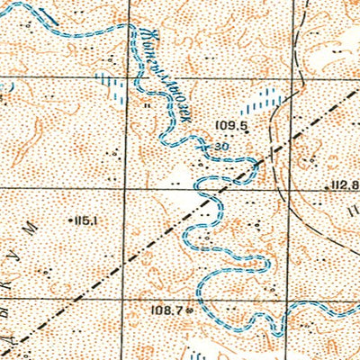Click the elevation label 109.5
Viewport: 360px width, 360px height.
[231, 125]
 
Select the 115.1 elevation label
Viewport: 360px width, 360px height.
[87, 219]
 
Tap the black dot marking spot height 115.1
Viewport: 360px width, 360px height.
[70, 219]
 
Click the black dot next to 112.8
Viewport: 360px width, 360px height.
[328, 187]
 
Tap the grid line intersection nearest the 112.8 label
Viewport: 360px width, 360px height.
[291, 189]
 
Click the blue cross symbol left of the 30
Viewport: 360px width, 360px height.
[207, 144]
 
